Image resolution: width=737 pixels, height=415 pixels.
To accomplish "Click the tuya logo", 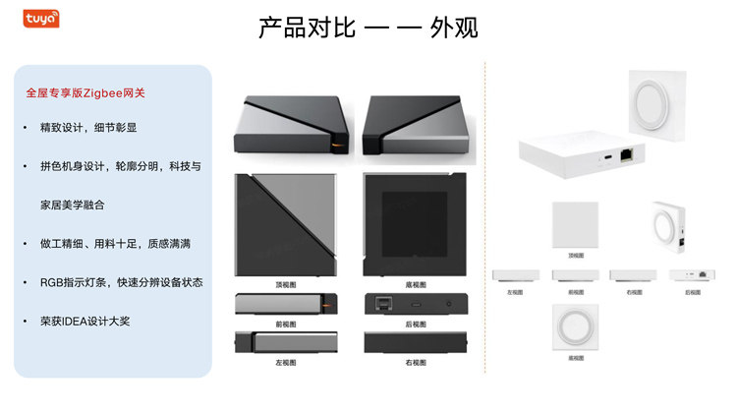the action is pos(34,17).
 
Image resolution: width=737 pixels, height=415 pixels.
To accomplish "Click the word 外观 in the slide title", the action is pos(453,28).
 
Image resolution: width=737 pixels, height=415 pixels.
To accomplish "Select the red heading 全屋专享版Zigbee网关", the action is pos(85,93).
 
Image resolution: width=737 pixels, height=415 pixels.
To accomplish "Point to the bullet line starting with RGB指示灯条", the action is pos(121,282).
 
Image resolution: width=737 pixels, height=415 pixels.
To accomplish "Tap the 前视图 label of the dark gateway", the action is pos(286,324).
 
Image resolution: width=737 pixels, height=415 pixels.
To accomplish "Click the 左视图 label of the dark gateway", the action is pos(286,363).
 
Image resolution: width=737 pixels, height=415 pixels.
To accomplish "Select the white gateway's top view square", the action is pos(575,225).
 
